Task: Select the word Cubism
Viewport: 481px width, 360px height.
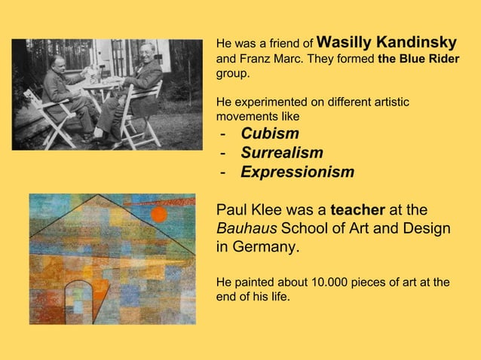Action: coord(270,134)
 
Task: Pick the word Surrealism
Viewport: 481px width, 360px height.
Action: coord(282,153)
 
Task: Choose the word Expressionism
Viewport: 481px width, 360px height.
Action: coord(297,172)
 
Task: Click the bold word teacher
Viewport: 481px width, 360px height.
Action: coord(358,209)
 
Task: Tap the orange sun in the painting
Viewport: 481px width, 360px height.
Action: coord(159,215)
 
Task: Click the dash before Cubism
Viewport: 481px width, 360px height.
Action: coord(223,135)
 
